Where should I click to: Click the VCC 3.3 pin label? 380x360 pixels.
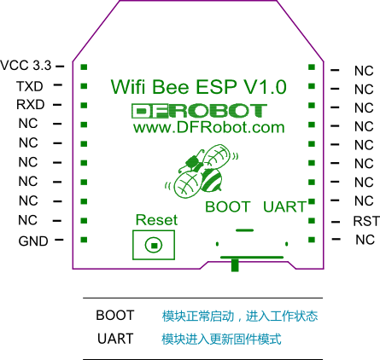[26, 66]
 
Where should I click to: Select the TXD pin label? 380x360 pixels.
[30, 86]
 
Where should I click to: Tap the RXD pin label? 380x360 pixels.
[30, 105]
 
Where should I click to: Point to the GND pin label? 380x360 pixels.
[33, 241]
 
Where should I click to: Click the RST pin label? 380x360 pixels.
[366, 221]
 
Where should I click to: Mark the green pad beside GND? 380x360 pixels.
[84, 240]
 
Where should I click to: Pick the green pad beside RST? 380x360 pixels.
[312, 220]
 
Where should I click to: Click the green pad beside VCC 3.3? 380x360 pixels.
[84, 67]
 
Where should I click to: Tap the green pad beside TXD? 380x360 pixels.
[84, 86]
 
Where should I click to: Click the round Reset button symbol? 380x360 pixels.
[154, 245]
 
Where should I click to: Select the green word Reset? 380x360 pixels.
[156, 220]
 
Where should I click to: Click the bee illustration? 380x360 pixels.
[202, 171]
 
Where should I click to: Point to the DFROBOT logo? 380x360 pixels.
[199, 111]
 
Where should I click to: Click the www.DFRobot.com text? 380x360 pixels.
[209, 128]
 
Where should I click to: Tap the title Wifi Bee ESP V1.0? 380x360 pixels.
[198, 87]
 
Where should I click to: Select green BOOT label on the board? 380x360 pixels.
[228, 206]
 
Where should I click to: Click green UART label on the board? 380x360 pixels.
[284, 206]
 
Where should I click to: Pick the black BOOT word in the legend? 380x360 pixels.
[115, 316]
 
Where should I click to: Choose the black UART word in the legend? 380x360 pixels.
[115, 339]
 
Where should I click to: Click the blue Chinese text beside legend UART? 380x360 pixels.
[221, 339]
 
